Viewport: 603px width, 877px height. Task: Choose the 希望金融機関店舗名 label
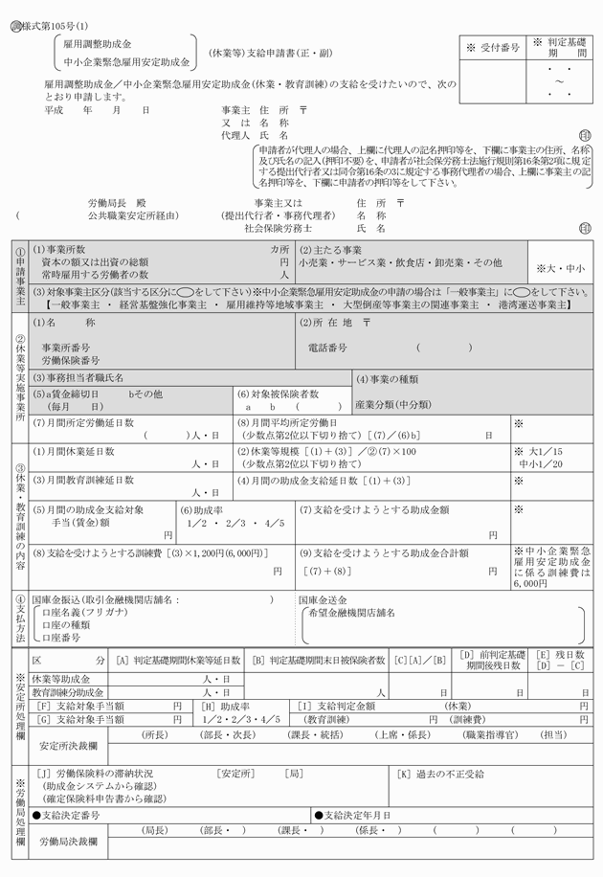point(351,612)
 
